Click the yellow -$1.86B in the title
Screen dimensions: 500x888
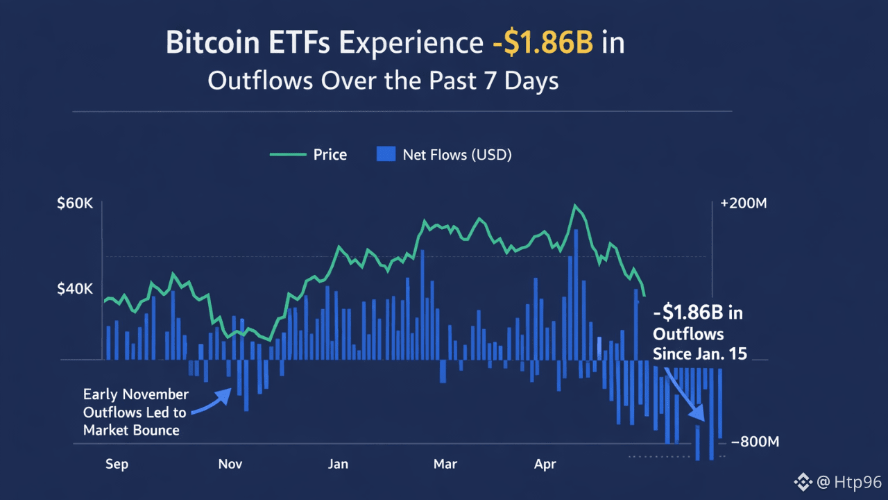[543, 43]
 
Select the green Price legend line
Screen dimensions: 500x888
[288, 154]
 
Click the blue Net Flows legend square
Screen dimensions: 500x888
[385, 154]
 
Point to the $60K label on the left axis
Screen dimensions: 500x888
[75, 204]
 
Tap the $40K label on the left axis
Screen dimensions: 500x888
[75, 288]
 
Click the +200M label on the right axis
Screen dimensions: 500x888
[743, 204]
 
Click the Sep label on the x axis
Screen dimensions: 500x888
[117, 464]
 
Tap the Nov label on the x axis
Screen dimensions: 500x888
[230, 464]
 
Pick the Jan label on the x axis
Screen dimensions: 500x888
[338, 464]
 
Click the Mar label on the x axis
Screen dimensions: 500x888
[445, 464]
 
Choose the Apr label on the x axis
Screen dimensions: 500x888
[545, 464]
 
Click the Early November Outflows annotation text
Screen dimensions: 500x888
[135, 412]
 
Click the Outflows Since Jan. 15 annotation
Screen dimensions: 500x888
[699, 333]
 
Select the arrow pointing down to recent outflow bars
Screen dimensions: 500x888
[685, 392]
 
